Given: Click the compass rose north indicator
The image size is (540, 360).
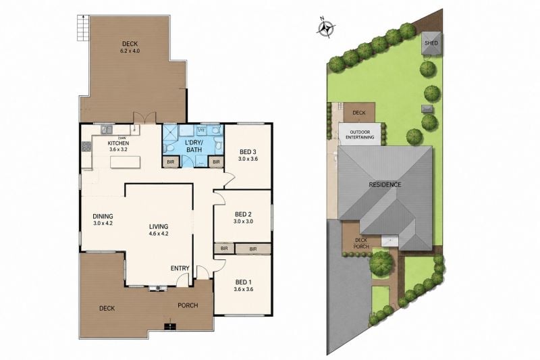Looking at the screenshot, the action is [326, 28].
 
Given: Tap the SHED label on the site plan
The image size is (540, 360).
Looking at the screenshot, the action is [431, 43].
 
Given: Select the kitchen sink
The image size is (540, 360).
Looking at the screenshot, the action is [107, 130].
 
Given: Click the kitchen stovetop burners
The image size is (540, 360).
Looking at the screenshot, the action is [86, 147].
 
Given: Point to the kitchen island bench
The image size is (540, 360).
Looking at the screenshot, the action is [125, 162].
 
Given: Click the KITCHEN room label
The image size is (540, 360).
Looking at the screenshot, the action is [118, 143].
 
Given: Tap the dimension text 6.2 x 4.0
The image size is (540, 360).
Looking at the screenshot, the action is [130, 51].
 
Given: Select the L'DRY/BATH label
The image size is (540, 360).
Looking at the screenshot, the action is [194, 147].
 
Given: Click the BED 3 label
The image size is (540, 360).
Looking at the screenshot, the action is [248, 152].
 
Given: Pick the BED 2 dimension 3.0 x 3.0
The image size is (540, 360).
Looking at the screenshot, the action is [243, 222].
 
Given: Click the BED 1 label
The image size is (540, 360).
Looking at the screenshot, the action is [243, 282].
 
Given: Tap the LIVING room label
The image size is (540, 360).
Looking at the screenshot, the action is [159, 227].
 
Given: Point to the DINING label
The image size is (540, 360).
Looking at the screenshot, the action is [103, 216].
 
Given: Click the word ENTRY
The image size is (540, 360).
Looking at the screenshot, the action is [180, 268].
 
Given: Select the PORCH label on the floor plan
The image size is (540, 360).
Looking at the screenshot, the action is [188, 305].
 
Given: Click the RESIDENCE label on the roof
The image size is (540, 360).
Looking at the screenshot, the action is [385, 184].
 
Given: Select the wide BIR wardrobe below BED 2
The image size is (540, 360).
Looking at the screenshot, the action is [253, 249].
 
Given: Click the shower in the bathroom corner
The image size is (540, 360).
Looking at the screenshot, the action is [169, 132].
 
